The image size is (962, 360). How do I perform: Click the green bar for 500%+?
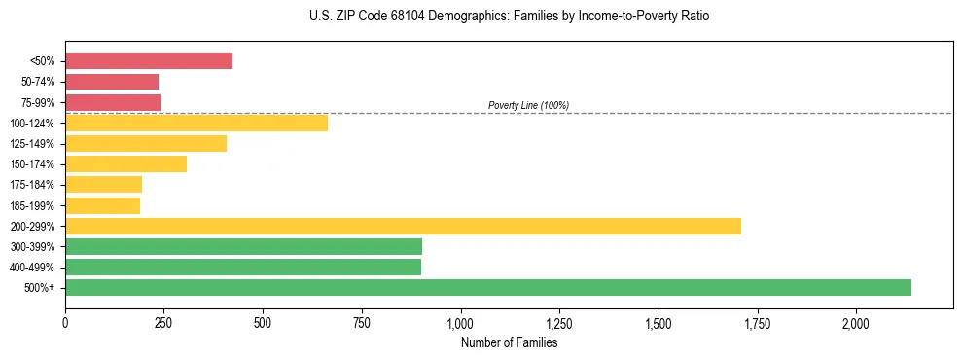(x=488, y=287)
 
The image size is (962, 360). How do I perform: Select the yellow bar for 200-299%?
(x=403, y=226)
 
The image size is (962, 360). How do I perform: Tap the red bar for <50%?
(x=149, y=61)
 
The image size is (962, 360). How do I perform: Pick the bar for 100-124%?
(x=196, y=123)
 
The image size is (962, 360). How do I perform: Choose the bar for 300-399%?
(x=243, y=246)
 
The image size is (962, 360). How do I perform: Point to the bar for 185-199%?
(x=102, y=205)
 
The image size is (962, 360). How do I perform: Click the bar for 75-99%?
(x=113, y=102)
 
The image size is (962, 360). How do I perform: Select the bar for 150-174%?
(x=125, y=164)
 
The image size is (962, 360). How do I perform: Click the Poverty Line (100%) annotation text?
(x=528, y=105)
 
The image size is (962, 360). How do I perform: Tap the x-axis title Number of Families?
(x=509, y=342)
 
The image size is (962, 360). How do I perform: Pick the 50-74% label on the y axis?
(x=38, y=82)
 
